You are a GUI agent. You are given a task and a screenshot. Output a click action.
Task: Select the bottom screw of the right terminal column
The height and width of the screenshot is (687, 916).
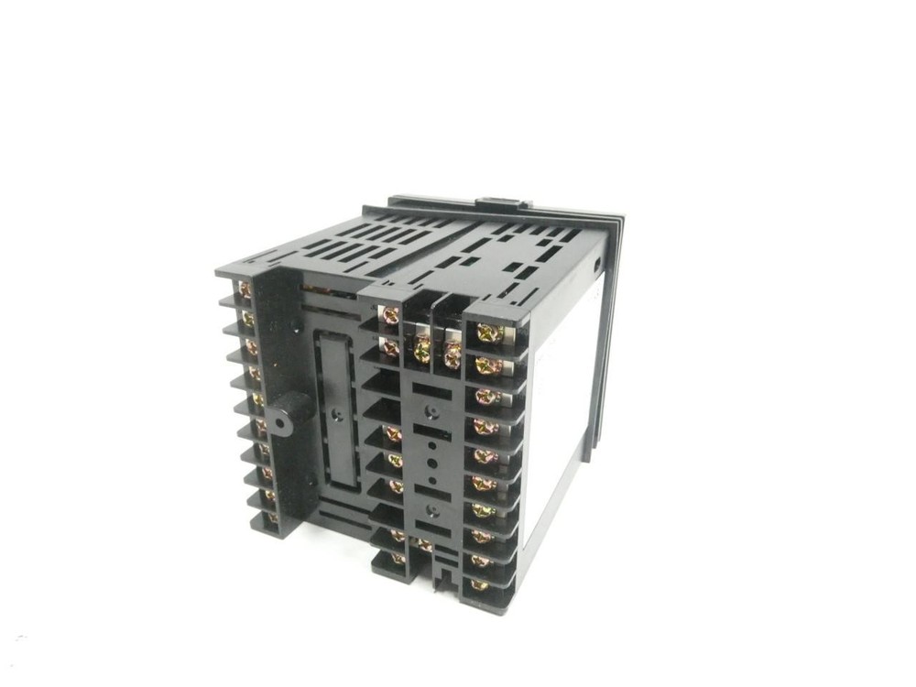(479, 583)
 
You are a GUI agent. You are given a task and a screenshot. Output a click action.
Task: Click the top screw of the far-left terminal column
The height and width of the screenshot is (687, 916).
(244, 291)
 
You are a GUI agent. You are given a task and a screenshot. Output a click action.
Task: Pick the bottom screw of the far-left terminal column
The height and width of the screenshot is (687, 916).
(271, 518)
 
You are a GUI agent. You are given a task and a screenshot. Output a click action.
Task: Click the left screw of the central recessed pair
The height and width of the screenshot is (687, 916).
(422, 347)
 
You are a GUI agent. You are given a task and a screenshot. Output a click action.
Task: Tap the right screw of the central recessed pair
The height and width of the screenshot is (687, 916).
(452, 352)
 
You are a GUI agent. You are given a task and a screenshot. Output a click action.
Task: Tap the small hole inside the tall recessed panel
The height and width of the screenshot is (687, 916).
(337, 415)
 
